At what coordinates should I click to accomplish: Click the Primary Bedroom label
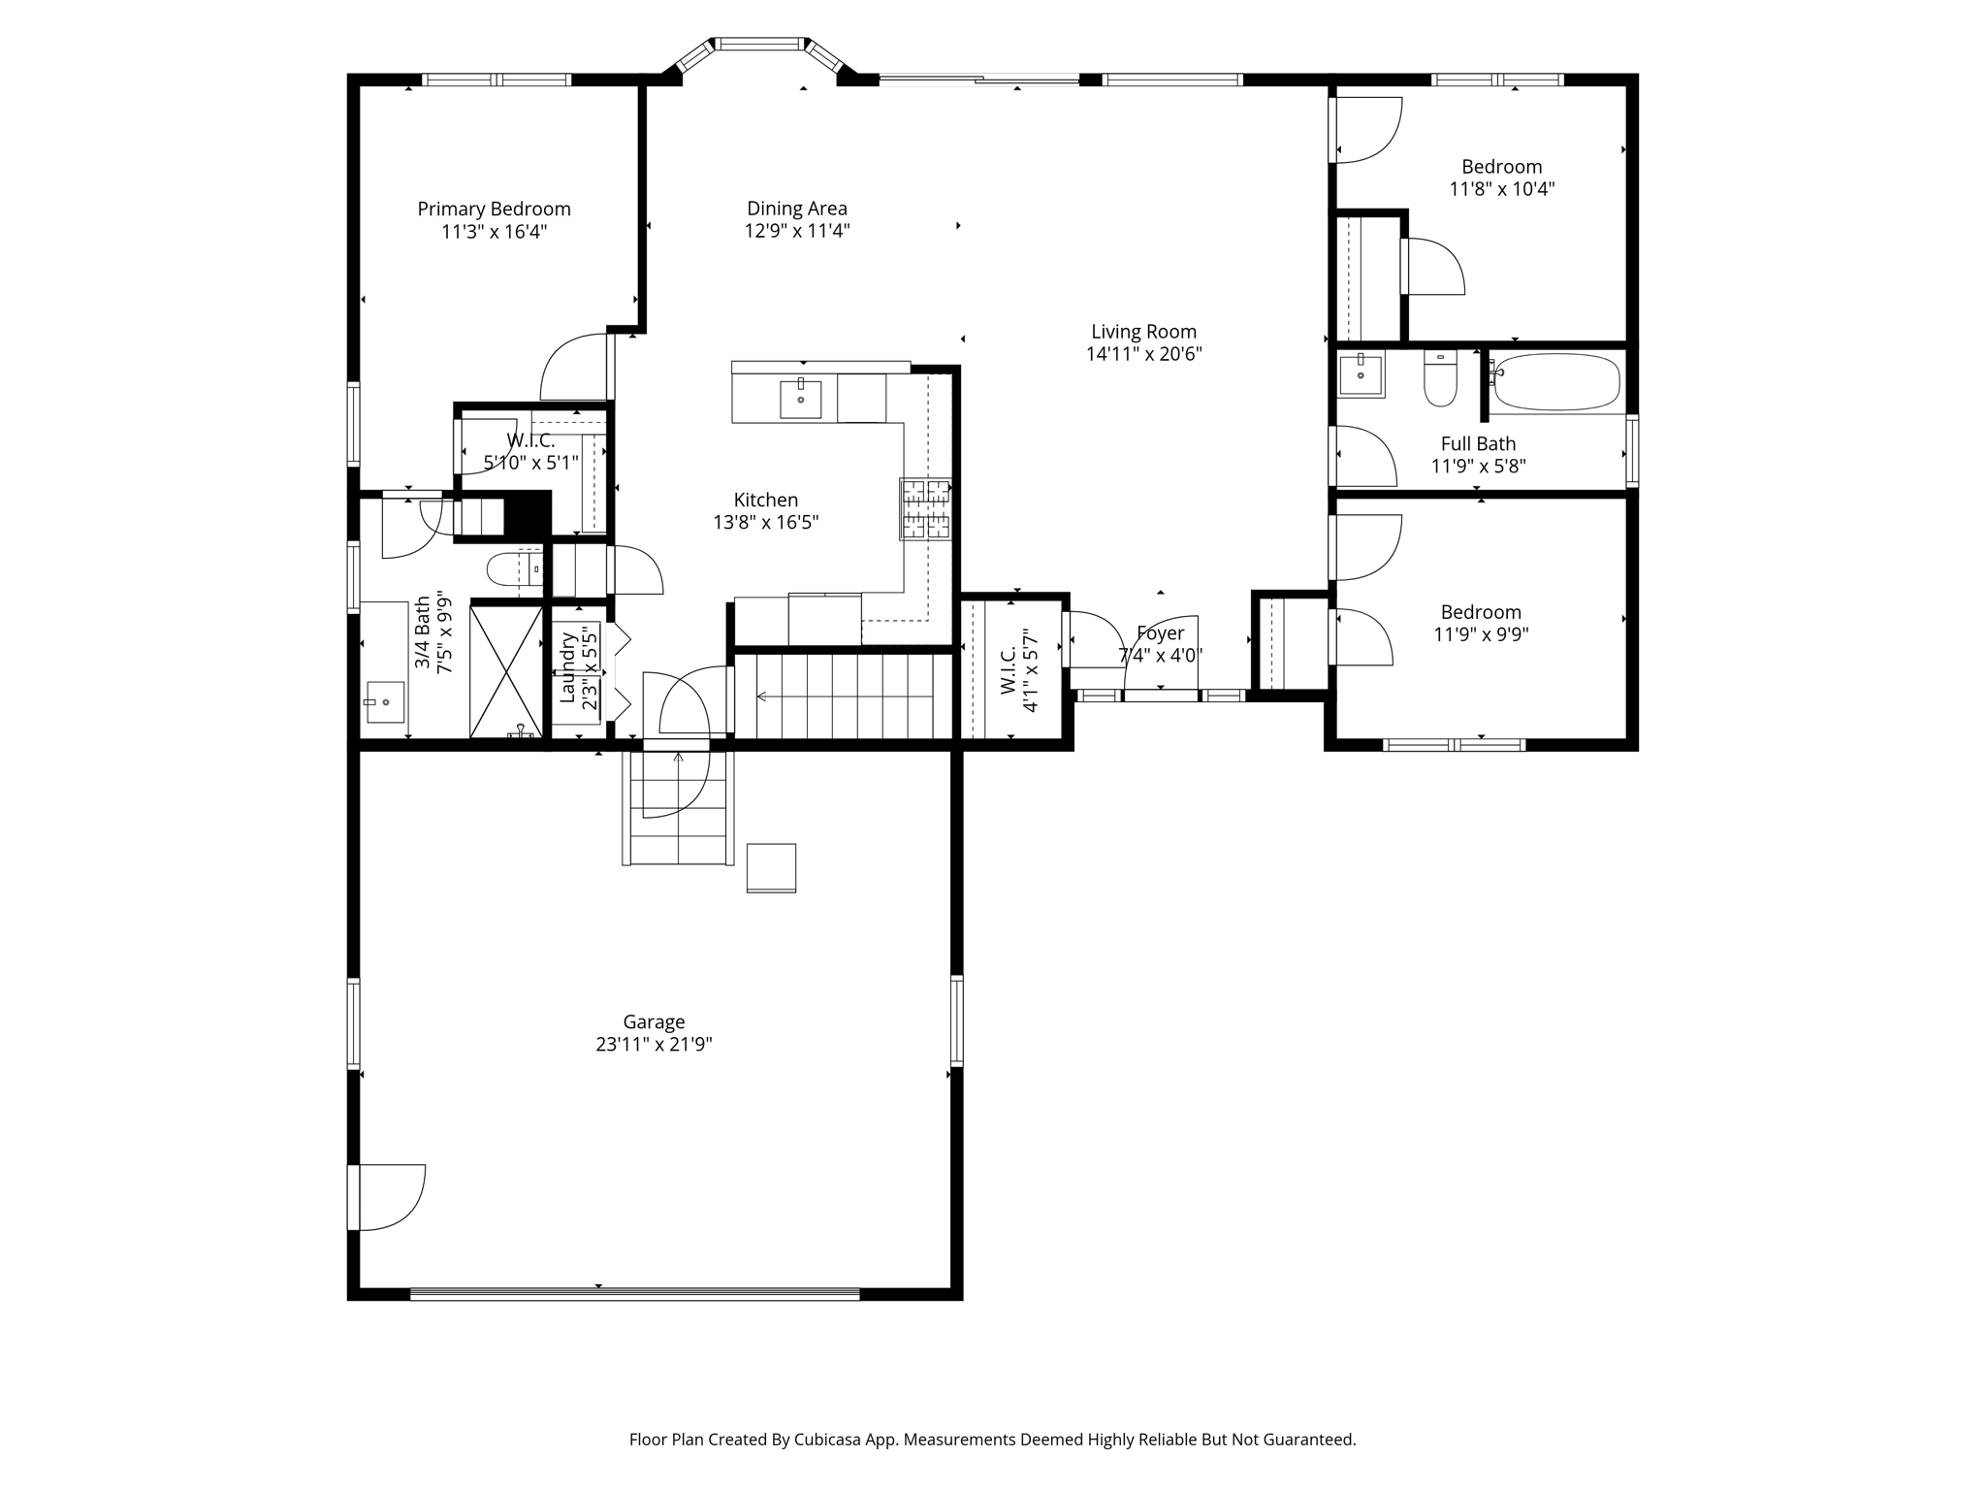494,209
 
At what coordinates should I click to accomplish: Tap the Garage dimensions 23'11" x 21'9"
654,1045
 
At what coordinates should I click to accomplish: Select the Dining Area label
797,208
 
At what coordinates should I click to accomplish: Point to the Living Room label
1144,332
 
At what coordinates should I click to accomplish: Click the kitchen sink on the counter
800,398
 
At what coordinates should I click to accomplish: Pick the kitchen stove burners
925,509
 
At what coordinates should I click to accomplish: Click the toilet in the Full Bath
1440,378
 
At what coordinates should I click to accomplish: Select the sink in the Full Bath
1361,373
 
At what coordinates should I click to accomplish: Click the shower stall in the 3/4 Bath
506,671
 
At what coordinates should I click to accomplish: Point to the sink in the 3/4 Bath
385,702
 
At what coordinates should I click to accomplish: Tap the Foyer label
1160,633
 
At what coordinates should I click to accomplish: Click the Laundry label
567,667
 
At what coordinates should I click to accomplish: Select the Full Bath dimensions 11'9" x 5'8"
1479,467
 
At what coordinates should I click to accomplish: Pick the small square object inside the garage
771,867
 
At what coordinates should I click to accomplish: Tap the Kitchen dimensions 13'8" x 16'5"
766,523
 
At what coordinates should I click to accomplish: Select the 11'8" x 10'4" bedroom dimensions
1502,189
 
